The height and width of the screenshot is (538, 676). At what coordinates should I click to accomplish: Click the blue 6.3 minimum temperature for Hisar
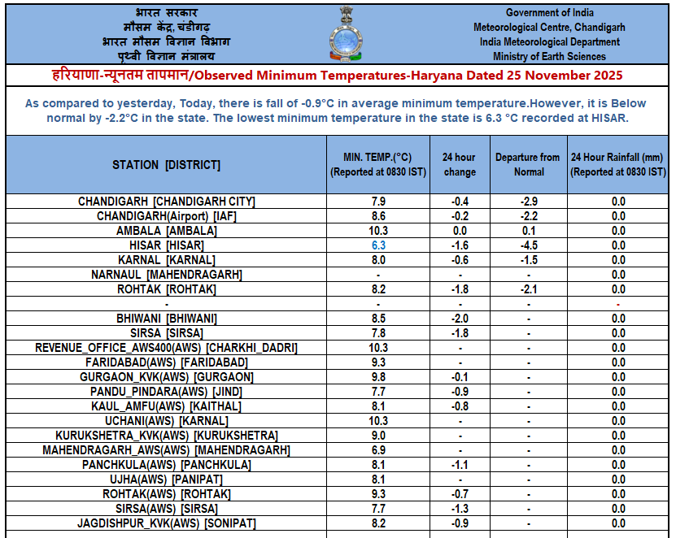tap(378, 245)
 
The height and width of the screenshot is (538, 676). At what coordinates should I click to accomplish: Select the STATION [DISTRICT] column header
tap(166, 165)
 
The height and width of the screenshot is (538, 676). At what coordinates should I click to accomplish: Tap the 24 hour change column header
tap(460, 164)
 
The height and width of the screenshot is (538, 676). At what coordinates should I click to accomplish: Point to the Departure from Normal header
tap(529, 164)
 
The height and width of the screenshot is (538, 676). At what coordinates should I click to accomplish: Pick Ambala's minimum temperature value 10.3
tap(378, 230)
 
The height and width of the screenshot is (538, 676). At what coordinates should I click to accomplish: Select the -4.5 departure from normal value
tap(529, 245)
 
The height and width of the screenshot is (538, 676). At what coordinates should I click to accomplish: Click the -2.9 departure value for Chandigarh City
tap(529, 201)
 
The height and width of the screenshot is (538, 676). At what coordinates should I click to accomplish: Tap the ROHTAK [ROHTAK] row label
tap(166, 289)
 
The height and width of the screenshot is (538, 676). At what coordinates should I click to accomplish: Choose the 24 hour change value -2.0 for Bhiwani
tap(460, 318)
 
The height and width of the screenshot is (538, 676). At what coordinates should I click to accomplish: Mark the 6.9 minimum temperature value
tap(378, 449)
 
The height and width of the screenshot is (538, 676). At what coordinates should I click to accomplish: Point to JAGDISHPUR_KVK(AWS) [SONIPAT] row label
tap(166, 523)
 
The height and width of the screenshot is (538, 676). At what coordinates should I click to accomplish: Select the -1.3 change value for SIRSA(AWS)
tap(460, 508)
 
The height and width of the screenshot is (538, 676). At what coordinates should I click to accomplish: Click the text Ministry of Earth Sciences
tap(549, 57)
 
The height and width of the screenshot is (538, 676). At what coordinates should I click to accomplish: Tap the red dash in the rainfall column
tap(618, 304)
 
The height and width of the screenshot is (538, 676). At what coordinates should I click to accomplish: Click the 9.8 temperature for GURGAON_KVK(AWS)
tap(378, 376)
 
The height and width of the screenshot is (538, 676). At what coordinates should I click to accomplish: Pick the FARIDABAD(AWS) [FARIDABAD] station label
tap(166, 362)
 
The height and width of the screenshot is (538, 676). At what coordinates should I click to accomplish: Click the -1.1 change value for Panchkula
tap(460, 464)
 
